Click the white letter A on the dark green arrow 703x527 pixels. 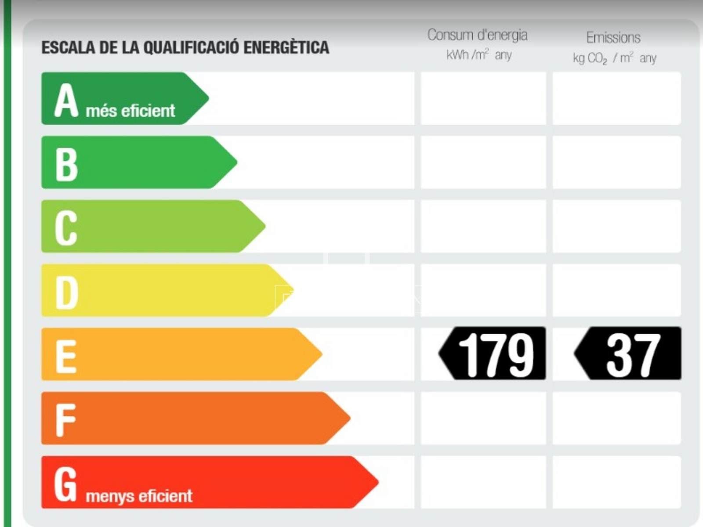click(x=66, y=100)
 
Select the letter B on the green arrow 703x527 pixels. click(x=66, y=164)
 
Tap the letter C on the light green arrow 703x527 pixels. click(x=66, y=228)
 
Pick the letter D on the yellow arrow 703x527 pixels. click(x=67, y=292)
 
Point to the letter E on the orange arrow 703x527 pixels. click(x=66, y=357)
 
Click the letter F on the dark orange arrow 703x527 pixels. click(x=65, y=420)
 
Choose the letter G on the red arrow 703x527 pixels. click(x=65, y=484)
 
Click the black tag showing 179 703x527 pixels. click(x=492, y=353)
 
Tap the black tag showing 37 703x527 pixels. click(x=628, y=353)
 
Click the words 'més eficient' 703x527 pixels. click(x=130, y=111)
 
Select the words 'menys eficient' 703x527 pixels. click(x=139, y=496)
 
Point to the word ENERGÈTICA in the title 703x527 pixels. click(x=286, y=48)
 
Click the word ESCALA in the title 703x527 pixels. click(x=68, y=48)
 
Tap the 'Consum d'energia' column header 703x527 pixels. click(x=477, y=35)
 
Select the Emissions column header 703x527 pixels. click(x=613, y=38)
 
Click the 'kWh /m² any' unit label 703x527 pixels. click(x=479, y=55)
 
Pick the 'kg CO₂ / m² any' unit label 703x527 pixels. click(x=615, y=58)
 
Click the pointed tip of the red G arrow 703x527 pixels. click(x=378, y=482)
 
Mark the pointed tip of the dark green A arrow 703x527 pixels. click(x=209, y=98)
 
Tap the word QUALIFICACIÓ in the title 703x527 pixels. click(x=191, y=48)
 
